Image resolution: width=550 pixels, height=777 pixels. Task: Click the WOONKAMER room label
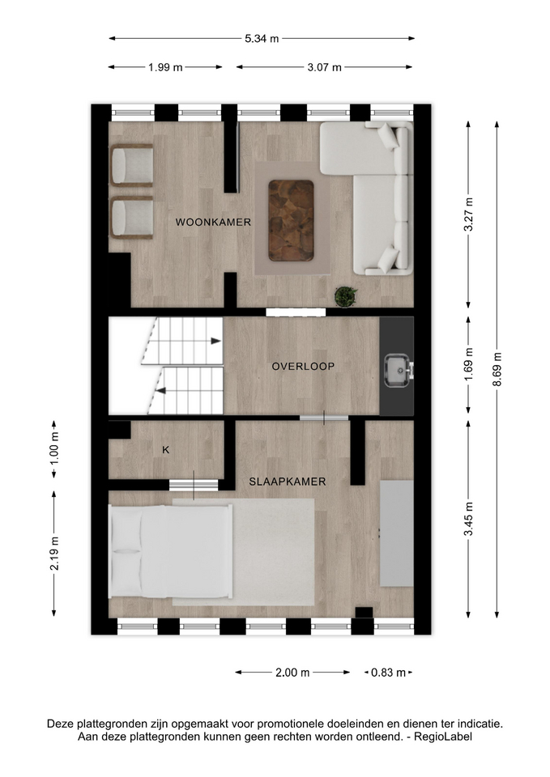click(x=213, y=223)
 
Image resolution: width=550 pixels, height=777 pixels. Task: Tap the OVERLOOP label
click(x=303, y=367)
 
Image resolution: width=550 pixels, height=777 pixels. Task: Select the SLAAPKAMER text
click(x=288, y=482)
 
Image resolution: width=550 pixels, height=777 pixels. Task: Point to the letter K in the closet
click(x=166, y=450)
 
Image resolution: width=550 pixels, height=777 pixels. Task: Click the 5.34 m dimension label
click(x=262, y=39)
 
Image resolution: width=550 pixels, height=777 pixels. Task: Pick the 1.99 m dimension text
click(x=165, y=67)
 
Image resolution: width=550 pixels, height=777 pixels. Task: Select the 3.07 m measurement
click(x=324, y=67)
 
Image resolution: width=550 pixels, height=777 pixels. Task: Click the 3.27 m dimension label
click(x=469, y=214)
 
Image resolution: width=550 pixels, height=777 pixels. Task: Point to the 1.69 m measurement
click(x=469, y=364)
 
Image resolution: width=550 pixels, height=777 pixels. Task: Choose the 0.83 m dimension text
click(x=389, y=673)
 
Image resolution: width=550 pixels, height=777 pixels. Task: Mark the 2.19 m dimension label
click(x=54, y=554)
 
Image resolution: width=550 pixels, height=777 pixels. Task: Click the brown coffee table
click(x=291, y=220)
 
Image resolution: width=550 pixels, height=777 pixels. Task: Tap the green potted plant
click(x=345, y=296)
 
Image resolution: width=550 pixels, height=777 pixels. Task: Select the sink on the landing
click(x=399, y=370)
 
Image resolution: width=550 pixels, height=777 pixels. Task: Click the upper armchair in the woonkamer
click(x=131, y=165)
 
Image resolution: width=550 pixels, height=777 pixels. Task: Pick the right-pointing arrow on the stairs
click(x=215, y=341)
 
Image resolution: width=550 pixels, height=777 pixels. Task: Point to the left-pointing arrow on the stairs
click(x=160, y=391)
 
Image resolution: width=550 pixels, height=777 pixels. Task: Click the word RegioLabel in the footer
click(x=443, y=737)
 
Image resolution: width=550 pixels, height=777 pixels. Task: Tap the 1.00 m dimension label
click(x=54, y=450)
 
